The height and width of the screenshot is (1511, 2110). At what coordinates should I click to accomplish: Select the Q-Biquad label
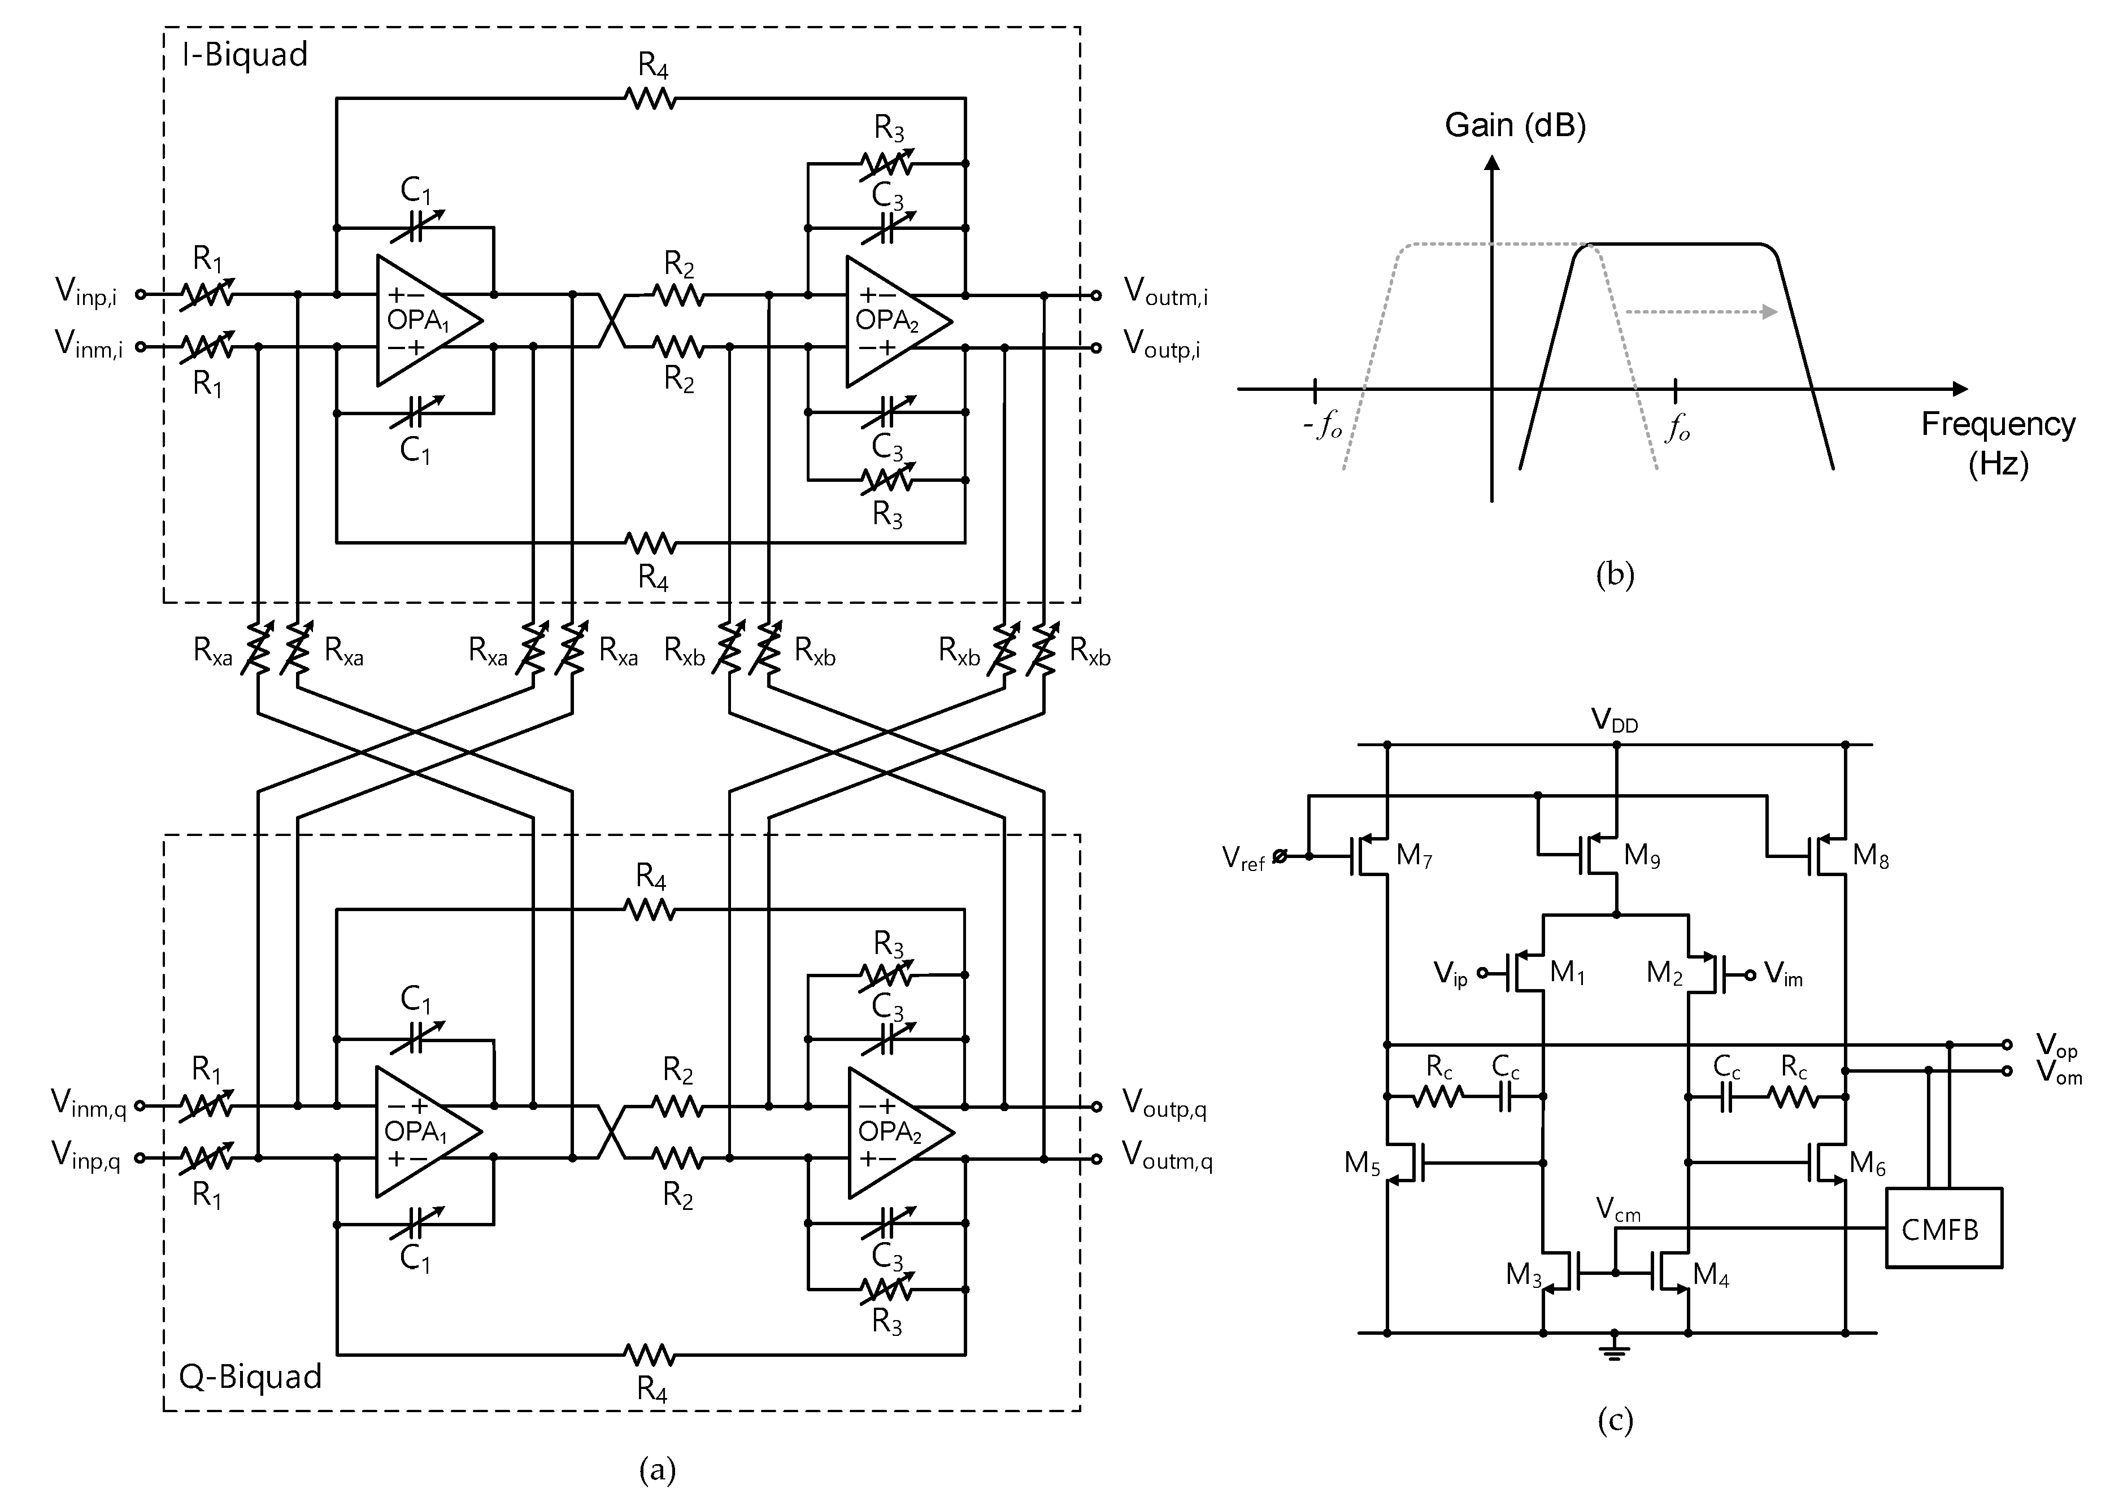(249, 1376)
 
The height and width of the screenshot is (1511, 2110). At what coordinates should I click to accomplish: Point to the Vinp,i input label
(86, 291)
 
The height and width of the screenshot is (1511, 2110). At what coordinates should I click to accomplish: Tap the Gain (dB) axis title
(1515, 125)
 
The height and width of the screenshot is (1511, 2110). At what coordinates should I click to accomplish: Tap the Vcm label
(1618, 1209)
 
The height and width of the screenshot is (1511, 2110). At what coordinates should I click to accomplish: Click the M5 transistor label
(1362, 1163)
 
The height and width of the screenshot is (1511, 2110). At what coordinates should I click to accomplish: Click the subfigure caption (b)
(1614, 574)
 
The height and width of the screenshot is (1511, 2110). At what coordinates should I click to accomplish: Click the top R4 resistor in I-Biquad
(651, 97)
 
